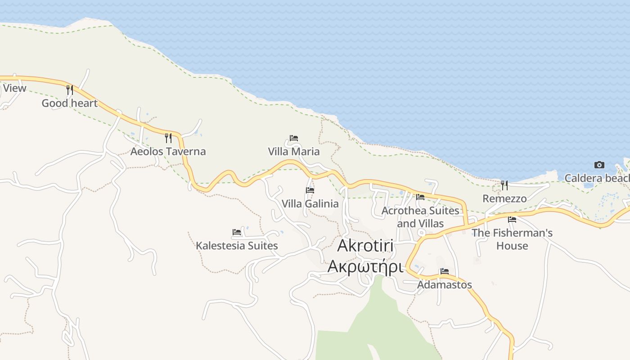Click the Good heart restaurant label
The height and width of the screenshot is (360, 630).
coord(69,103)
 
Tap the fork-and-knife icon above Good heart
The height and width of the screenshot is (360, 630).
coord(69,90)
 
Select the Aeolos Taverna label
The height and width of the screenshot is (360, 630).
coord(168,152)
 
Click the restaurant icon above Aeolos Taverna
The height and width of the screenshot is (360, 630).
coord(168,138)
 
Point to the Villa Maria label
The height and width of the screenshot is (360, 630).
coord(294,152)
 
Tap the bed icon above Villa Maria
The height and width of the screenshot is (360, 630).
coord(294,138)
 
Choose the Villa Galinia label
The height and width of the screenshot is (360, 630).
coord(310,204)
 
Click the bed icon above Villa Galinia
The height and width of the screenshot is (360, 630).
coord(310,190)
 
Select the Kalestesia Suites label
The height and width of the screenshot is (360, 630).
coord(237,246)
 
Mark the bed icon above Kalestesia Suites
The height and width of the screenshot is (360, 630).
coord(237,232)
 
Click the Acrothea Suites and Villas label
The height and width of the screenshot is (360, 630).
coord(420,217)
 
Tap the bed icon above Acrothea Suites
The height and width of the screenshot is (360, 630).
coord(420,197)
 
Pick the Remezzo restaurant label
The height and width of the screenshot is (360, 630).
coord(504,198)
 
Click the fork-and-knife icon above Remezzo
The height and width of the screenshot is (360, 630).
coord(504,185)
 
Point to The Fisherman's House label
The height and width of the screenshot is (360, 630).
coord(512,239)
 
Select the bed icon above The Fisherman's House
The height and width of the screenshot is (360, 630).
coord(512,220)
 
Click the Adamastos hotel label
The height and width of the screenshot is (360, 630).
coord(445,285)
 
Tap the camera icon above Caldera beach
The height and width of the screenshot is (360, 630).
coord(599,165)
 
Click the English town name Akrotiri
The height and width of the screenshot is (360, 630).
coord(365,246)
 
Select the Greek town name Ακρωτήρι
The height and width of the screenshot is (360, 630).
coord(365,266)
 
